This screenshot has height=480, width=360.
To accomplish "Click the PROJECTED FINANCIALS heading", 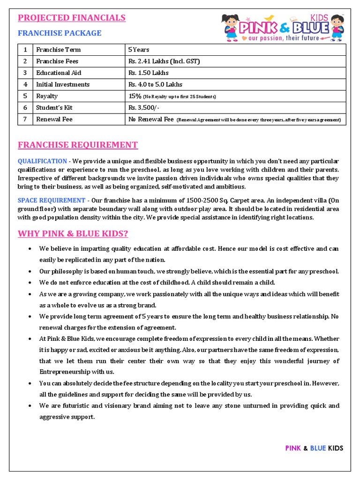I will [x=71, y=18].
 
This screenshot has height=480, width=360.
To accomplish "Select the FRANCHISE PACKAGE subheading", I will [x=60, y=33].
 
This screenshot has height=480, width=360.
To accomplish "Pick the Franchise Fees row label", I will [x=57, y=61].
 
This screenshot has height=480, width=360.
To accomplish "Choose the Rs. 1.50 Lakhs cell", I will [x=148, y=73].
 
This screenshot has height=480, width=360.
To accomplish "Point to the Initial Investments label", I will [x=63, y=84].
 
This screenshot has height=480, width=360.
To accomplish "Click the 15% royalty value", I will [x=135, y=96].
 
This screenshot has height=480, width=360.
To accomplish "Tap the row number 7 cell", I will [x=25, y=119].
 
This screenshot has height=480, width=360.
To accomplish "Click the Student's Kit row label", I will [x=54, y=108].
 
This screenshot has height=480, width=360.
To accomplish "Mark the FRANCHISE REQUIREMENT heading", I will [x=78, y=145].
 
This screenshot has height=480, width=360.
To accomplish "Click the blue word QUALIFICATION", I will [x=42, y=161].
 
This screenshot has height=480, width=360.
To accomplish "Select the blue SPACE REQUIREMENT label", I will [x=52, y=201].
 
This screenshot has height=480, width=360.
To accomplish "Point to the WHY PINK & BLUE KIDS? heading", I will [x=73, y=233].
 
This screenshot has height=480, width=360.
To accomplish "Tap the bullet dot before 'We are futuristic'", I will [x=30, y=406].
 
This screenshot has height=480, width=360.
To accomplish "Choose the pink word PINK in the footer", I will [x=293, y=448].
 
